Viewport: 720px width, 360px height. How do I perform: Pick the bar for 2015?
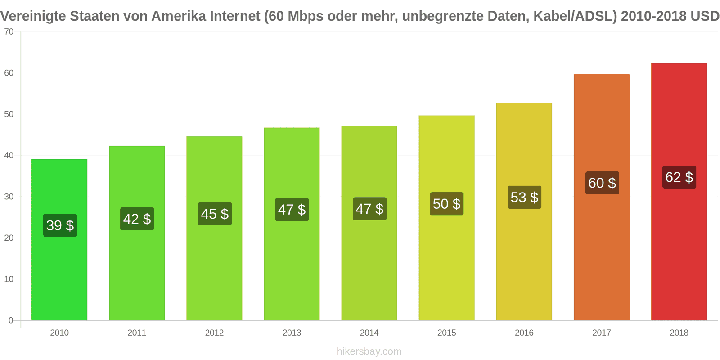[x=446, y=261]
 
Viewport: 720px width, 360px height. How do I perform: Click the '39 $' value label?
[x=60, y=225]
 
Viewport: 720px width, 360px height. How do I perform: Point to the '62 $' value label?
[x=679, y=177]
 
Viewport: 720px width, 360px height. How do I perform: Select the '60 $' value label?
[x=602, y=183]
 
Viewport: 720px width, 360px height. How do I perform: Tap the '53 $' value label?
[x=524, y=198]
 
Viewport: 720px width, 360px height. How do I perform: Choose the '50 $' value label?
[x=446, y=204]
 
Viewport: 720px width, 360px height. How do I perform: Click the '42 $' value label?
[x=137, y=219]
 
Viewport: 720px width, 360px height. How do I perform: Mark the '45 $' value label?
[x=215, y=214]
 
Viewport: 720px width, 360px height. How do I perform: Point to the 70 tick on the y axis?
[x=9, y=32]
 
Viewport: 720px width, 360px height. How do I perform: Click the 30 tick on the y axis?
[x=9, y=197]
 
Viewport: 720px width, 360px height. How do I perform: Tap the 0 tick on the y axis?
[x=11, y=320]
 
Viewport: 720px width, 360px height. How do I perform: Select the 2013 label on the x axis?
[x=292, y=333]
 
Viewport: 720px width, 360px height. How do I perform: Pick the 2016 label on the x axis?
[x=524, y=333]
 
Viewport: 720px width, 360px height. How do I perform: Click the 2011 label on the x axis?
[x=137, y=333]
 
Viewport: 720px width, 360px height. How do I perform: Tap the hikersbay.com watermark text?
[x=369, y=351]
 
